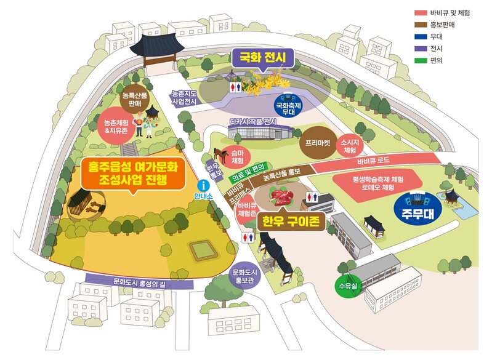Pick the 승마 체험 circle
point(237,158)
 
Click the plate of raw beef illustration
point(281,198)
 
